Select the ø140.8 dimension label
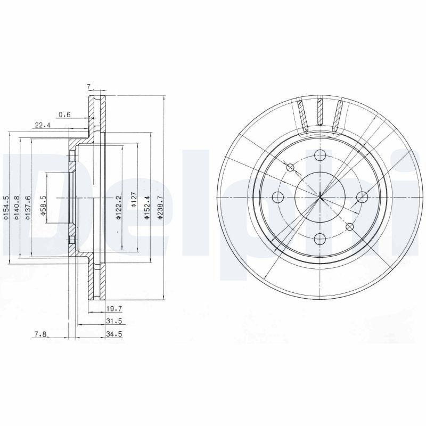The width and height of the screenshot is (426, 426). click(x=18, y=208)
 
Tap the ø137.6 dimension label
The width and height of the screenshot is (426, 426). click(x=28, y=208)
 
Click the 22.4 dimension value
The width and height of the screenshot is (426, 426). click(x=42, y=125)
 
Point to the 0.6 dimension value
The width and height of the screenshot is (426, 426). click(x=64, y=113)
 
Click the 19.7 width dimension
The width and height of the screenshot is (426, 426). click(x=110, y=308)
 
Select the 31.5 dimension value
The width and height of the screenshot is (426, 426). click(x=110, y=321)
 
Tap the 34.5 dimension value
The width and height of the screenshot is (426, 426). click(x=110, y=334)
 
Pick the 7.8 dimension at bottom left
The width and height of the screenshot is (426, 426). click(x=40, y=334)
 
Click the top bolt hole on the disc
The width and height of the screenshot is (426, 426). click(x=319, y=155)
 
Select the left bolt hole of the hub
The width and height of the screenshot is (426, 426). click(x=277, y=198)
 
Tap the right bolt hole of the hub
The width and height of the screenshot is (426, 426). click(x=362, y=198)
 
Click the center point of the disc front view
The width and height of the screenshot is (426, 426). click(x=319, y=198)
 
